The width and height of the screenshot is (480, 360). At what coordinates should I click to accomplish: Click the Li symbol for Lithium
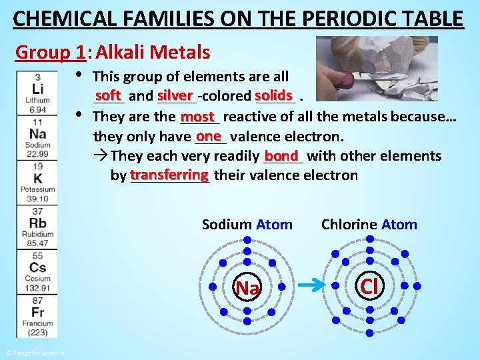(37, 89)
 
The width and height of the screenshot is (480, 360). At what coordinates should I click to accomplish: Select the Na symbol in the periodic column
(37, 134)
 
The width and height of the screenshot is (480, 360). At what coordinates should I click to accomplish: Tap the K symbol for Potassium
(37, 179)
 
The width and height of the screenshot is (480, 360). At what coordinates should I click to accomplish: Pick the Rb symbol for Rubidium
(37, 223)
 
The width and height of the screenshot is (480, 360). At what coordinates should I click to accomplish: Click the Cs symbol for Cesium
(37, 267)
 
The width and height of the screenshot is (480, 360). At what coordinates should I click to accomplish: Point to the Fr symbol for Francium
(37, 312)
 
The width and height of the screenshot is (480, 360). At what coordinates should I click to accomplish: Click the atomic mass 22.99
(37, 154)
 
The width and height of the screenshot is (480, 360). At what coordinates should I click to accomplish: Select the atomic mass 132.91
(37, 288)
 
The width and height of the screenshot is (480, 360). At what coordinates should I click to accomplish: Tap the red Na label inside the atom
(247, 288)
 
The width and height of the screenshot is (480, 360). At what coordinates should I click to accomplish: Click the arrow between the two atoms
(309, 287)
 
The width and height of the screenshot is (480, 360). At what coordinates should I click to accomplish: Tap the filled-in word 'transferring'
(169, 175)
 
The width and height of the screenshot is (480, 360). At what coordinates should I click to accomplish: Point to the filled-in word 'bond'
(283, 155)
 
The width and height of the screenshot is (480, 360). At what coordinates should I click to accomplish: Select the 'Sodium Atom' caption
(247, 225)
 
